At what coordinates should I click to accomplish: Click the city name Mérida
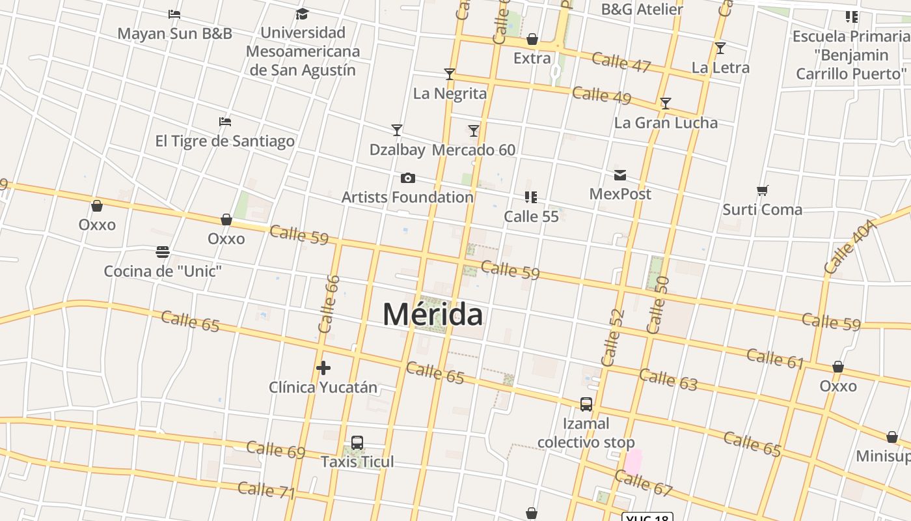[433, 315]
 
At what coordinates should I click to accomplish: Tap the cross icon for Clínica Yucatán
[323, 369]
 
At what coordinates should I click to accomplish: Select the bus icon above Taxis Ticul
[357, 443]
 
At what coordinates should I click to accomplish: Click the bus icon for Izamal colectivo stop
[586, 404]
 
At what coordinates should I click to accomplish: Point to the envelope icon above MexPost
[620, 175]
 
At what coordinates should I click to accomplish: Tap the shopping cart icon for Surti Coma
[763, 191]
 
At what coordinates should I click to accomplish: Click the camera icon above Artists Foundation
[408, 178]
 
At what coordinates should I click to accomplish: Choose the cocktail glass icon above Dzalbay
[397, 130]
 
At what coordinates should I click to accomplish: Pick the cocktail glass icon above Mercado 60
[474, 131]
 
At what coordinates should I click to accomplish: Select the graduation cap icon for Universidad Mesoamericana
[302, 14]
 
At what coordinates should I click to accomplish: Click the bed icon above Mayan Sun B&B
[174, 14]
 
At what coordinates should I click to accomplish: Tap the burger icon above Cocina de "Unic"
[163, 252]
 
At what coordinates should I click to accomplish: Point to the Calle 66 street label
[330, 304]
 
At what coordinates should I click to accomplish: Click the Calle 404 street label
[849, 247]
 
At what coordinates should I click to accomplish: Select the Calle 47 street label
[621, 62]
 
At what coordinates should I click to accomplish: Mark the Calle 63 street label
[668, 380]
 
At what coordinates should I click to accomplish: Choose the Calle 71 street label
[266, 490]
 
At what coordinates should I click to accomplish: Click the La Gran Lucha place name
[666, 122]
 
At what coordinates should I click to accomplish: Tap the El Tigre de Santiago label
[224, 141]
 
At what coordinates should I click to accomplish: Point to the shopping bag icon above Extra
[532, 40]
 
